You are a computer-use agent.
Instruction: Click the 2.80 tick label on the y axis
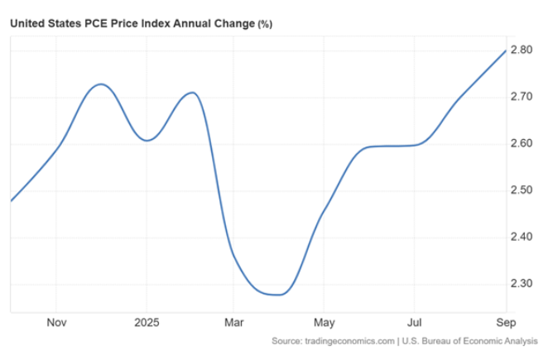coord(522,50)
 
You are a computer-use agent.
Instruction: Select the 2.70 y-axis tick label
coord(522,97)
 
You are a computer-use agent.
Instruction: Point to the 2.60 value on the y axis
coord(522,144)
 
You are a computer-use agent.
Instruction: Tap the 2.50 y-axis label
coord(522,190)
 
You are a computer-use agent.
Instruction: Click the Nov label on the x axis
coord(56,322)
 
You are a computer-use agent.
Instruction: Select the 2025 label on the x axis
coord(147,322)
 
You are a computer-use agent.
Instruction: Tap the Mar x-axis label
coord(234,322)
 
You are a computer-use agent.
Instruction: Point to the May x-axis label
coord(325,322)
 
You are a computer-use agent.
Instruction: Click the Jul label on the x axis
coord(415,322)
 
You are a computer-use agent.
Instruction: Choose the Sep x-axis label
coord(504,322)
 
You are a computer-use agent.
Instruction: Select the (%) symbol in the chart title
coord(265,24)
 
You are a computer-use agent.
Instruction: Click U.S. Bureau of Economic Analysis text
coord(471,341)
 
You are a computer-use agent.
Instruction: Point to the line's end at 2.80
coord(504,50)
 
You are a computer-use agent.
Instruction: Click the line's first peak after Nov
coord(100,84)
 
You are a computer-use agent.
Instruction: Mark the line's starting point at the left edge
coord(11,200)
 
